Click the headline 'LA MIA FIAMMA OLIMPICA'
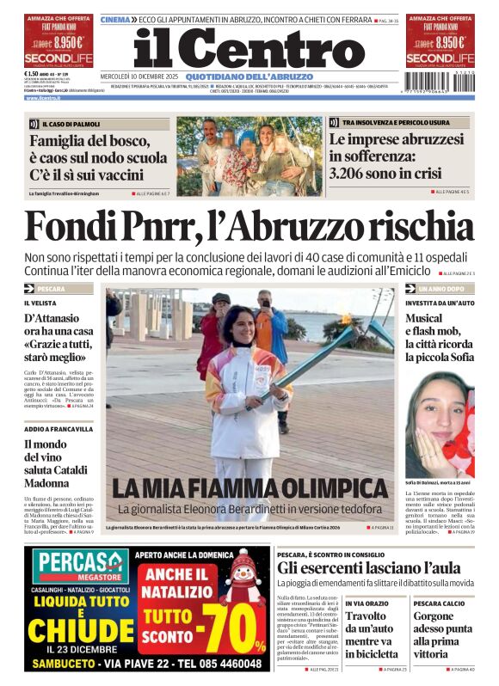coord(249,488)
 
